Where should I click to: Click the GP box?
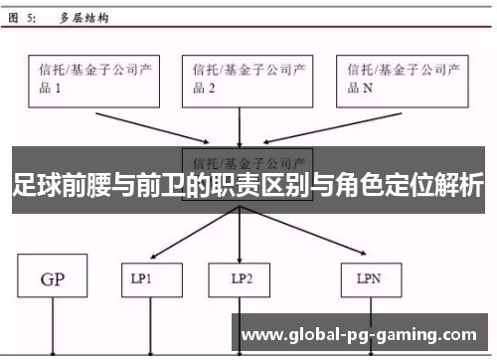point(55,279)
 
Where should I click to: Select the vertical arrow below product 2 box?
point(239,127)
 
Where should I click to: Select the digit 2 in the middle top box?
point(210,89)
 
